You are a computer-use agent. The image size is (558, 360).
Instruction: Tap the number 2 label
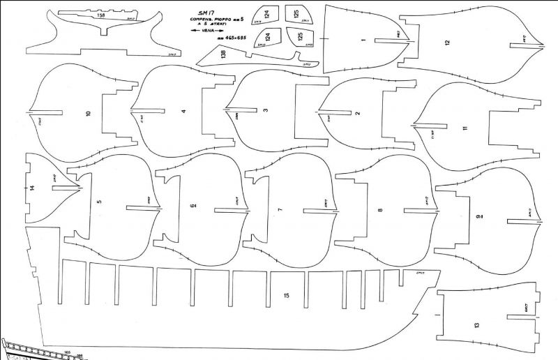[358, 113]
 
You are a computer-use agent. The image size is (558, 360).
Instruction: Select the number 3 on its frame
[266, 110]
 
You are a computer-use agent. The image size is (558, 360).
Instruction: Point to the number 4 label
[183, 111]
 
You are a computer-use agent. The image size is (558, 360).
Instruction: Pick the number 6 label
[193, 205]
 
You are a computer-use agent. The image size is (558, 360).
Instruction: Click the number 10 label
[88, 114]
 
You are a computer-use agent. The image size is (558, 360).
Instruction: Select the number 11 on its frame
[464, 128]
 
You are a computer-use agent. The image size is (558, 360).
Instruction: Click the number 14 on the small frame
[32, 187]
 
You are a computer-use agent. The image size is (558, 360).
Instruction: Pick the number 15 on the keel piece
[286, 296]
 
